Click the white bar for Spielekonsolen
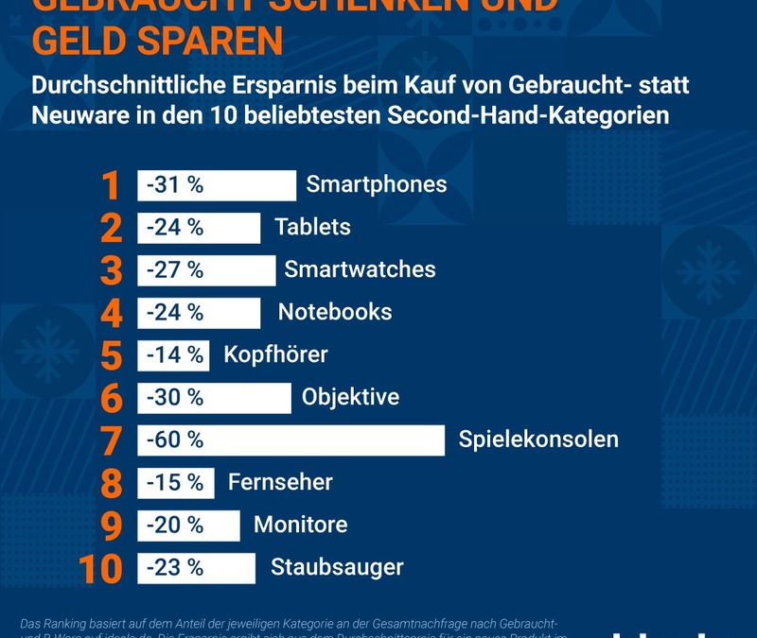point(290,440)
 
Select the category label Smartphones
point(376,184)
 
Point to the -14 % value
point(175,354)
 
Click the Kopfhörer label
point(275,354)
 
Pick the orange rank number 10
point(100,569)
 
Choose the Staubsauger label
point(337,567)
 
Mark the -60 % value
point(175,440)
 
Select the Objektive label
point(350,397)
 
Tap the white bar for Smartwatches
point(206,269)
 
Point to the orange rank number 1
point(112,186)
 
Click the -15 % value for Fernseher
point(175,482)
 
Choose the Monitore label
point(300,525)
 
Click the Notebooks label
point(334,312)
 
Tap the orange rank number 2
point(112,229)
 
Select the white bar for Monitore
point(189,525)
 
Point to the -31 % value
point(175,184)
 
